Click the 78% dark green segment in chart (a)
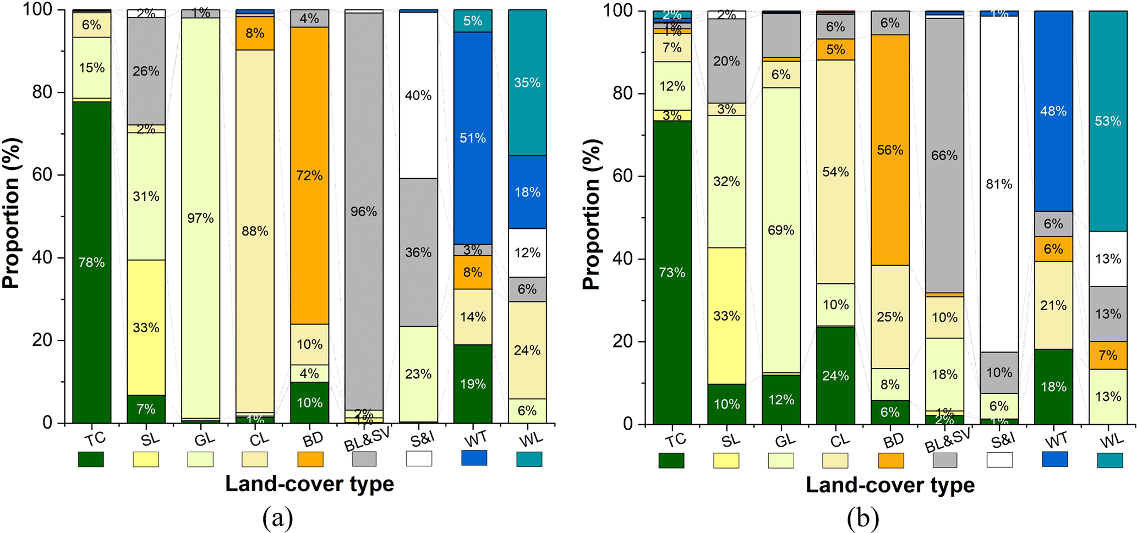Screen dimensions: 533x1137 point(91,262)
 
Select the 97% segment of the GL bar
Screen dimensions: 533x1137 point(200,218)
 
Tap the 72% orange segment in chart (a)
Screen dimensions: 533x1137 point(309,175)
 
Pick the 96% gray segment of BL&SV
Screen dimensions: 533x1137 point(364,211)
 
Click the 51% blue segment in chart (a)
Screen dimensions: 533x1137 point(473,138)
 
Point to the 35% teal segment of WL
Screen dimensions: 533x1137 point(527,83)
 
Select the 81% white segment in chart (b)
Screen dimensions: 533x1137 point(999,184)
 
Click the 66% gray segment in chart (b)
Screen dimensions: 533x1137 point(944,156)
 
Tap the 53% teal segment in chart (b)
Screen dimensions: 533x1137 point(1108,121)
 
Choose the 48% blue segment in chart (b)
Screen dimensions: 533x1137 point(1053,111)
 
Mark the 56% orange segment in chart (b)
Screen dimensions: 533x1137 point(890,150)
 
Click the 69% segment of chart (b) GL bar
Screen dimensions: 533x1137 point(781,230)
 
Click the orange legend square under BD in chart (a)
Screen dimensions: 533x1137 point(310,459)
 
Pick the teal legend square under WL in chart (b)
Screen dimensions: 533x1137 point(1110,460)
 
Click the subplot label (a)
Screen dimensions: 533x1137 point(278,518)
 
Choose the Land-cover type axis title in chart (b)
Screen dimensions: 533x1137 point(890,485)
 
